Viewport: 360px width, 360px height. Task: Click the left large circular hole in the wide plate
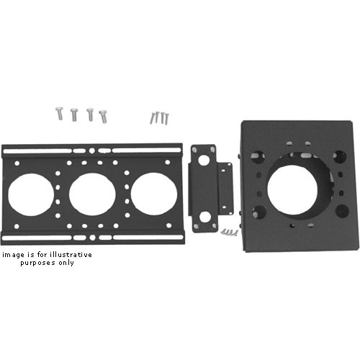point(31,194)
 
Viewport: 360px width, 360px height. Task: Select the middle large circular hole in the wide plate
point(92,194)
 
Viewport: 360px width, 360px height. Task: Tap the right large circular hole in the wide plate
point(154,194)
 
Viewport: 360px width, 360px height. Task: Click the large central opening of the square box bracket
point(292,190)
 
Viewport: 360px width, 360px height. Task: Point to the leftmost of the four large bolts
point(60,113)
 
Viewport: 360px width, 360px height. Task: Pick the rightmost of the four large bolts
point(104,117)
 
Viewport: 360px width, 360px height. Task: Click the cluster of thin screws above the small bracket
point(160,118)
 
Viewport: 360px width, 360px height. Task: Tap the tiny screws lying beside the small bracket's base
point(230,233)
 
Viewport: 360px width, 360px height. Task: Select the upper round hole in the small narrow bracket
point(204,161)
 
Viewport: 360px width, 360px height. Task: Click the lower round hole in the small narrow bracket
point(204,217)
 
